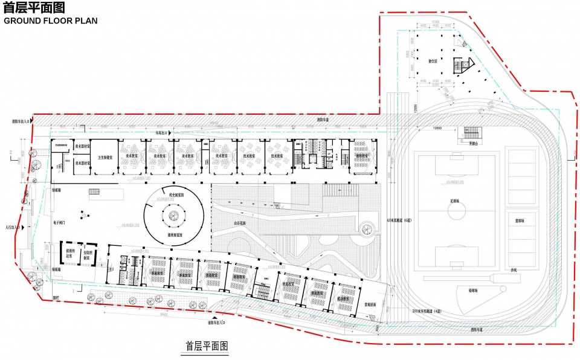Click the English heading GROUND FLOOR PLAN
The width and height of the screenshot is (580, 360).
51,21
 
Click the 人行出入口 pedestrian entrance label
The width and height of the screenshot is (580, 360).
11,228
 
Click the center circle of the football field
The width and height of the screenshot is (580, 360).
457,210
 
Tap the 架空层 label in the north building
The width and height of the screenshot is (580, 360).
432,61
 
